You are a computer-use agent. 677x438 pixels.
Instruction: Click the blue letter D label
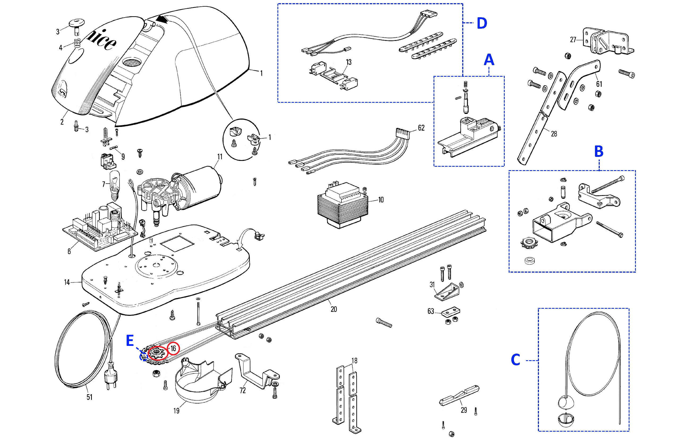(x=482, y=23)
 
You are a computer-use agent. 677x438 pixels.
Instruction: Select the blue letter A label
(x=489, y=60)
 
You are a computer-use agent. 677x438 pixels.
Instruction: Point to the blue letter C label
(x=515, y=360)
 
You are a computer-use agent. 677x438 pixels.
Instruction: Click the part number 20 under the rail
(x=334, y=310)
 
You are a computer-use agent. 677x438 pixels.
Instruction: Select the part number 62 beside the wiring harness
(x=421, y=128)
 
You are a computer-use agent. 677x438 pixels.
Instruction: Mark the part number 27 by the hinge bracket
(x=573, y=40)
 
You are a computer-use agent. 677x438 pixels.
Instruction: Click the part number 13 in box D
(x=349, y=62)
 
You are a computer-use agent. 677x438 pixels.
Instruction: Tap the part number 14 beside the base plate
(x=67, y=282)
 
